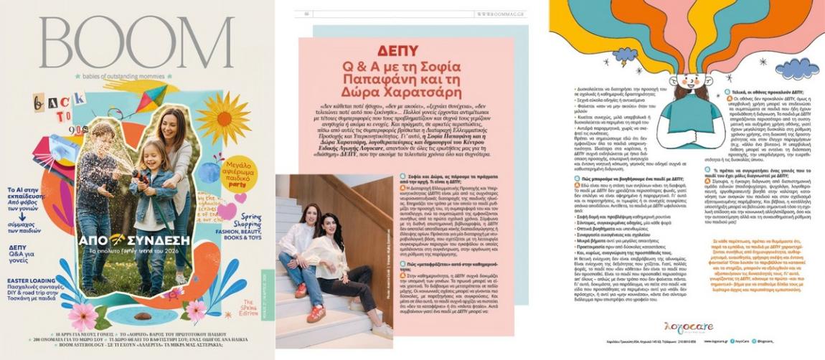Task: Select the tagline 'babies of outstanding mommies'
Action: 136,76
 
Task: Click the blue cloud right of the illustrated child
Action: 796,68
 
